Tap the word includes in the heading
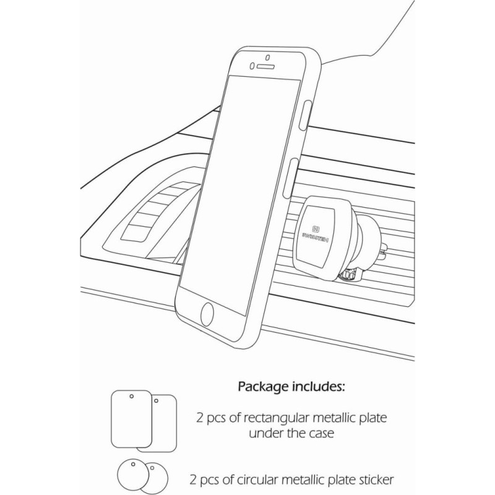(318, 388)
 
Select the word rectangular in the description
(268, 419)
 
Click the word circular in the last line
(264, 479)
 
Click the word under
(265, 433)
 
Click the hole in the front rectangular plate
(131, 397)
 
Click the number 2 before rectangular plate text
(198, 419)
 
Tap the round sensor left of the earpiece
(252, 66)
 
